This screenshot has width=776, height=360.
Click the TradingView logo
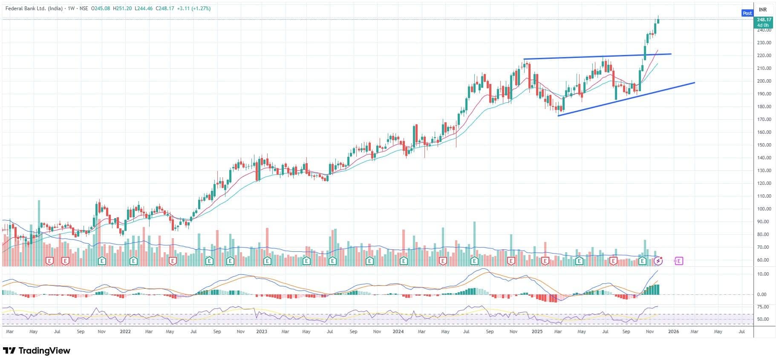coord(36,351)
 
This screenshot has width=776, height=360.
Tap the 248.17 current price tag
coord(764,20)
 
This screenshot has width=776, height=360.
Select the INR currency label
coord(763,9)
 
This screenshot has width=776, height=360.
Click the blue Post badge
coord(747,13)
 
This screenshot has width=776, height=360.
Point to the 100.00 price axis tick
coord(764,209)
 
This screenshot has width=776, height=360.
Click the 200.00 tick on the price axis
coord(764,81)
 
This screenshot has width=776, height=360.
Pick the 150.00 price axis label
coord(764,145)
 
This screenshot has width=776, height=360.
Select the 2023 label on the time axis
coord(262,331)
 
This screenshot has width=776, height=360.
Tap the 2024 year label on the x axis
coord(398,331)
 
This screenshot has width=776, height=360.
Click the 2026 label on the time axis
coord(673,331)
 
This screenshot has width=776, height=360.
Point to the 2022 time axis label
coord(125,331)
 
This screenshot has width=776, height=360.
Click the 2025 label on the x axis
coord(537,331)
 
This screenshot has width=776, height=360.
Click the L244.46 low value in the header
coord(144,9)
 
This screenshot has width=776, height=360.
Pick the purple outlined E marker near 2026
coord(679,261)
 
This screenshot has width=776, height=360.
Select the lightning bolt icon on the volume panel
coord(658,260)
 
